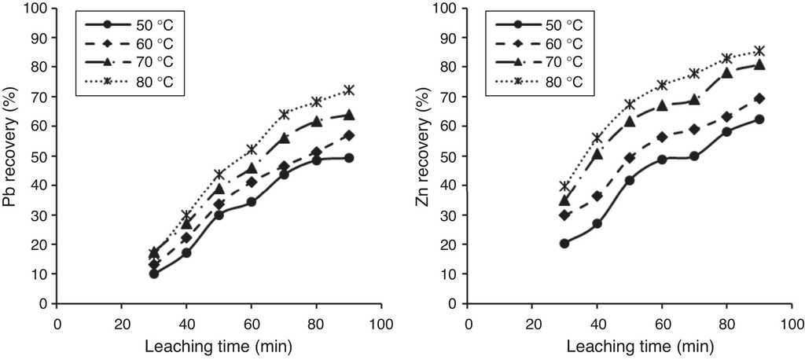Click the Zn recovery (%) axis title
(423, 156)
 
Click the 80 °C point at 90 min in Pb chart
(348, 90)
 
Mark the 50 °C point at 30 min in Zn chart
(564, 243)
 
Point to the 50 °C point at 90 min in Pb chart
(348, 157)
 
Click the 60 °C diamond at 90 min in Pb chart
(348, 135)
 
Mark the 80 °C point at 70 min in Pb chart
(284, 114)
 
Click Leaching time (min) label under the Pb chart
(219, 347)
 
